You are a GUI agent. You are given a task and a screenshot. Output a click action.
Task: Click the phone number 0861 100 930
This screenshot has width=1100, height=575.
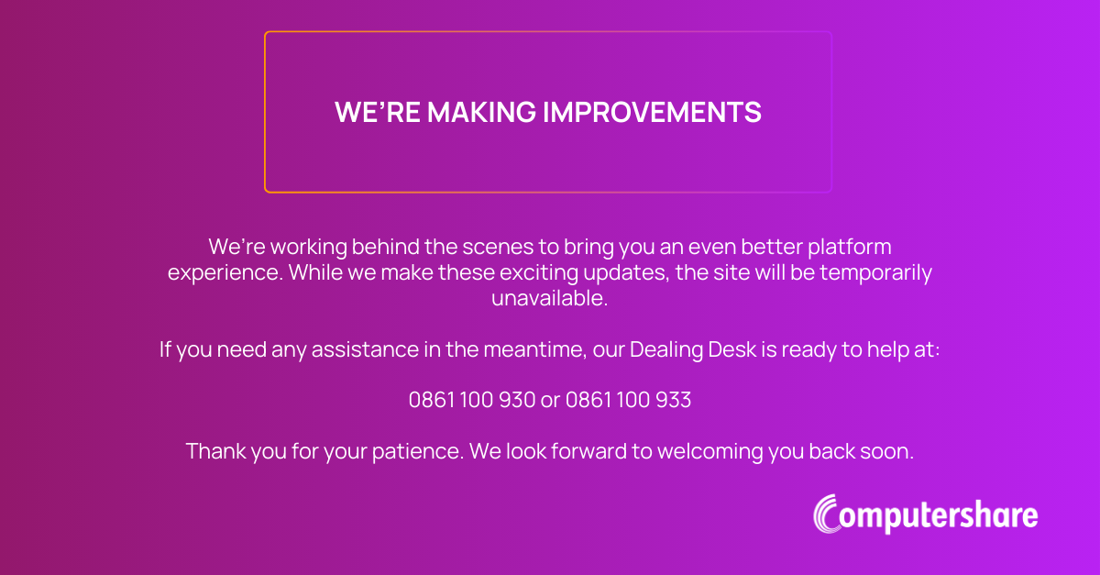click(471, 400)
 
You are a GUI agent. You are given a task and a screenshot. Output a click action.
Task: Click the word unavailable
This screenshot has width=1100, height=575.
click(549, 299)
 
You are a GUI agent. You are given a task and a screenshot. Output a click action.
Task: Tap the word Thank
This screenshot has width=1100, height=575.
click(214, 451)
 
